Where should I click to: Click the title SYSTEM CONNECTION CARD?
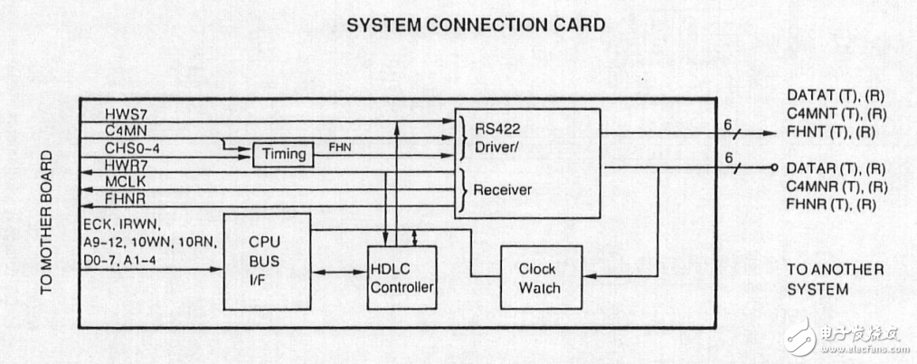pos(476,25)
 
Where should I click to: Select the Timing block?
pos(284,155)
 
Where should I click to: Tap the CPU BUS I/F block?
pos(266,261)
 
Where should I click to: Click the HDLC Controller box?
pos(402,278)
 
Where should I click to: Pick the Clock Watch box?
pos(539,278)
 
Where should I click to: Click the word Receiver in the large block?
pos(502,190)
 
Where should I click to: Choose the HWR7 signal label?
pos(128,166)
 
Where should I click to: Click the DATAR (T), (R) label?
pos(836,168)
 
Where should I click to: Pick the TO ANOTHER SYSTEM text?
pos(835,279)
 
